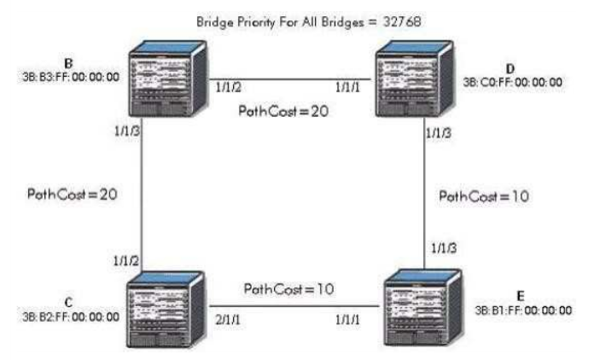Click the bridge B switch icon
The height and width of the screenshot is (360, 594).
168,78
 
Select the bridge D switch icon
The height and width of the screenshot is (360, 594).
415,78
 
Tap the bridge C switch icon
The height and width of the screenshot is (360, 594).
166,310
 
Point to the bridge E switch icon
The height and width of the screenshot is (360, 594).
422,307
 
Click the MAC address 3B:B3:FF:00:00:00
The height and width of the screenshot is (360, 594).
71,78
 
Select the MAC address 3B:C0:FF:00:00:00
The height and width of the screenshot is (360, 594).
513,83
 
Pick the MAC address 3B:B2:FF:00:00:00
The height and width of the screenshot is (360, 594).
71,316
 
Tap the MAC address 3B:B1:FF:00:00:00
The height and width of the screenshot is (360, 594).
523,311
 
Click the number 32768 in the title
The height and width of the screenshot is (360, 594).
402,21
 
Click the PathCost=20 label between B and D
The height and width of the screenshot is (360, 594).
283,111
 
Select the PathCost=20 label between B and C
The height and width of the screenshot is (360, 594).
72,195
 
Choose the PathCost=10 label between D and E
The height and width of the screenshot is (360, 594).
484,196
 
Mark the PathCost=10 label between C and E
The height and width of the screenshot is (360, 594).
288,289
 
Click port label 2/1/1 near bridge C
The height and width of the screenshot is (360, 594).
228,320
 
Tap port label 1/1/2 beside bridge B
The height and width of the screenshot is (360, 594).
228,88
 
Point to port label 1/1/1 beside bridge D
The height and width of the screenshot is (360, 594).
347,88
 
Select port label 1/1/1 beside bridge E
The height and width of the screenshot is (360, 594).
347,320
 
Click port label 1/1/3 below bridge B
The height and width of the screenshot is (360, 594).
127,131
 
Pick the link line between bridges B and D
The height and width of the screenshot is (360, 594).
290,79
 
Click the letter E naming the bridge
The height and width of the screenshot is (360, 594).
521,296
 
